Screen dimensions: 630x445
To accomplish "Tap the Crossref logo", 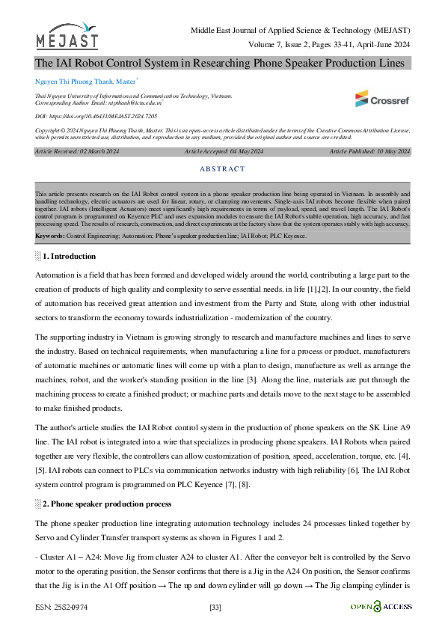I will coord(382,98).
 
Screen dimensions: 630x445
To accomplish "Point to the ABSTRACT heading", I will coord(222,170).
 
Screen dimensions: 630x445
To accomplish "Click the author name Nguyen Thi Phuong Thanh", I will coord(74,79).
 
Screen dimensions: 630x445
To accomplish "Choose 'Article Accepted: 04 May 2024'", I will coord(224,152).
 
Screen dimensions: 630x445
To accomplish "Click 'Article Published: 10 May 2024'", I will coord(369,152).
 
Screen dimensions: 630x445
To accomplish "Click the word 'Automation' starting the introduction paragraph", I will coord(55,276).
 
